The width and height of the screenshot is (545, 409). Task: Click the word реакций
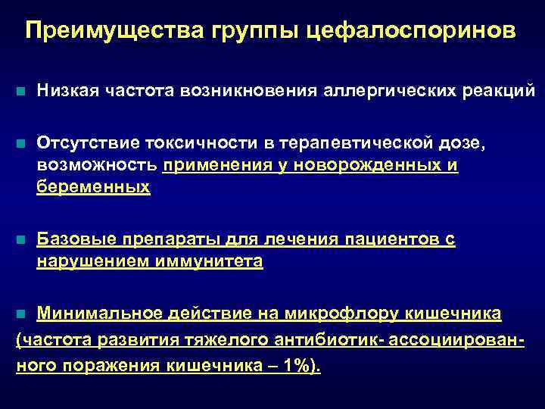click(497, 91)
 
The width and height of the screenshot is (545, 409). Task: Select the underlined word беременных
click(93, 186)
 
